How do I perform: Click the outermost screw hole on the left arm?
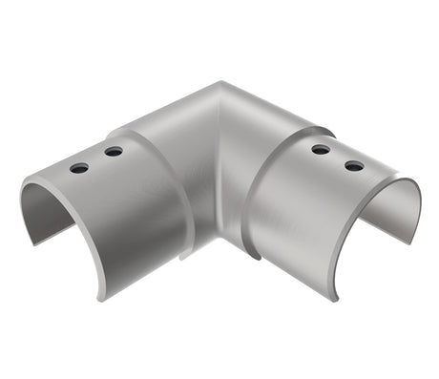pos(79,168)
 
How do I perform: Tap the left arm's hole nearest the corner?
pos(114,151)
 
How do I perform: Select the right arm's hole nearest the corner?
pos(321,149)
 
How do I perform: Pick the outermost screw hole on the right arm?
pos(354,165)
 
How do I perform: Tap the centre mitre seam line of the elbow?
pos(219,162)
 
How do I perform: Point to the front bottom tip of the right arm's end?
pos(336,299)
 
